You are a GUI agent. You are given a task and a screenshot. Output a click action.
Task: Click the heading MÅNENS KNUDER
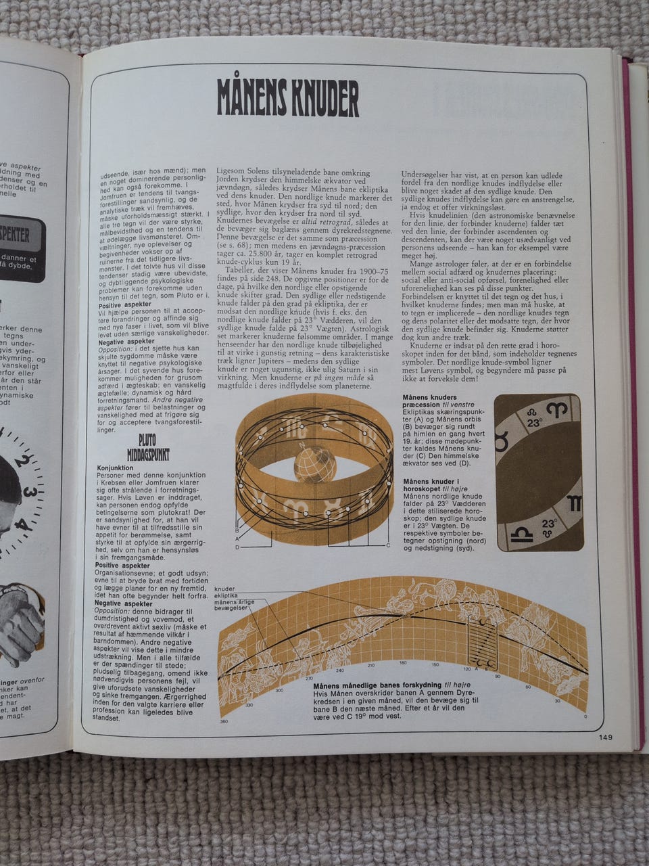(x=287, y=99)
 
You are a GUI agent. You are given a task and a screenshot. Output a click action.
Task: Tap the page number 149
(x=605, y=737)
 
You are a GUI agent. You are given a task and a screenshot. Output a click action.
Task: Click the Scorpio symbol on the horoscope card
(x=573, y=503)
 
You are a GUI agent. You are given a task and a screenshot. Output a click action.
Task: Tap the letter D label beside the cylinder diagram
(x=237, y=546)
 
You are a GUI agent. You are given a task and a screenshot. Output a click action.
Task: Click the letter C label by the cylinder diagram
(x=388, y=545)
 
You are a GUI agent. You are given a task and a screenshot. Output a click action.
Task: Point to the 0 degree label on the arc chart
(x=585, y=715)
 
